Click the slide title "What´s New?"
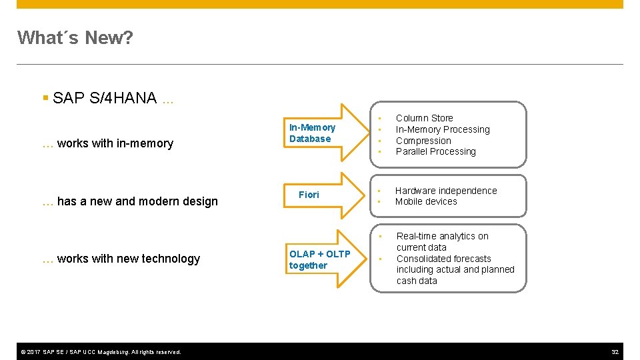[75, 38]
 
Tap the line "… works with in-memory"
[107, 143]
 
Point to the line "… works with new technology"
[121, 259]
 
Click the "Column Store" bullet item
[424, 118]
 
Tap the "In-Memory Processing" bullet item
[442, 129]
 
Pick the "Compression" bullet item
[423, 141]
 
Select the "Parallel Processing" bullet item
[435, 151]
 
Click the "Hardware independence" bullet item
[446, 191]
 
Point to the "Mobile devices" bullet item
[426, 201]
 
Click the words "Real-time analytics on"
[442, 236]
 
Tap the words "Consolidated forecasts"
[443, 259]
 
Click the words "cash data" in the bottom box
[417, 281]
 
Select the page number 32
[615, 351]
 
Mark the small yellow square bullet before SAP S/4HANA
[45, 99]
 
